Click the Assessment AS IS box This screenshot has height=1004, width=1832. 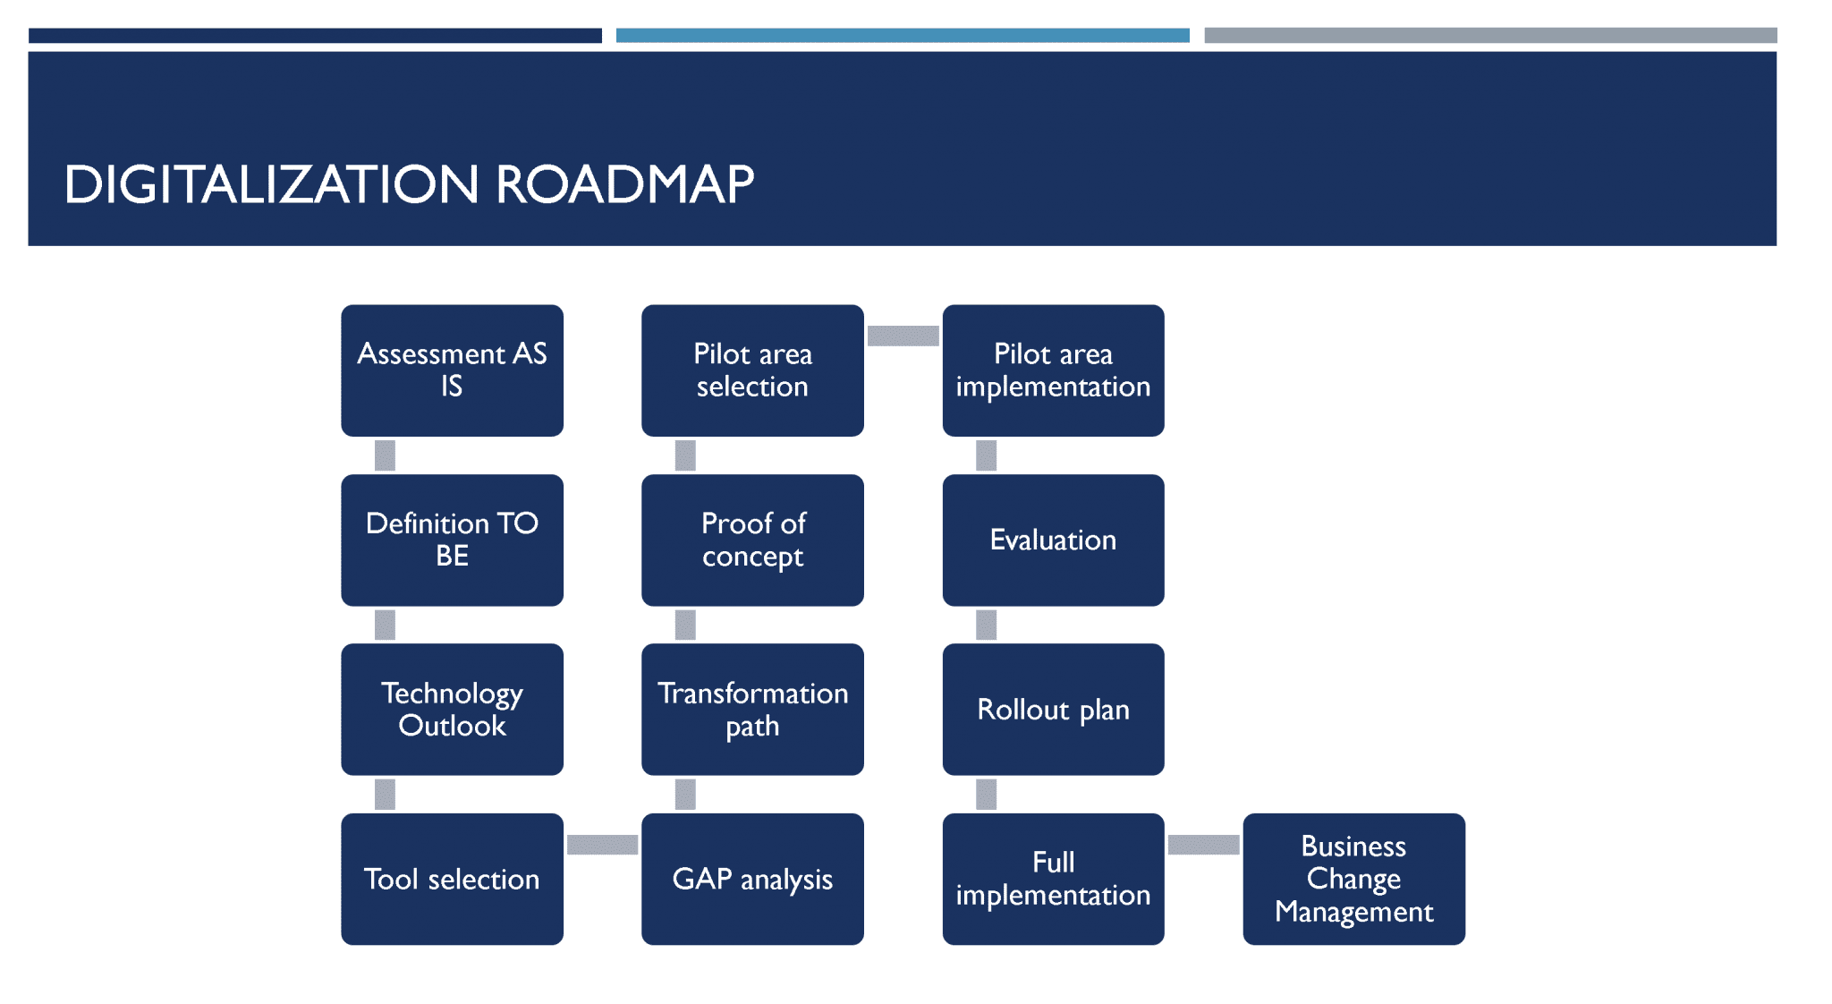[x=452, y=370]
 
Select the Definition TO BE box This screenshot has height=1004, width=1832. [x=452, y=540]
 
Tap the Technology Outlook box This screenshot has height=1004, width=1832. [x=452, y=709]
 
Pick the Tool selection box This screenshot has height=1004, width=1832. [x=452, y=879]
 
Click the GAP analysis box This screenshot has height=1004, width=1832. [x=752, y=879]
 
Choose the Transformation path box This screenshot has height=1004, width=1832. [x=752, y=709]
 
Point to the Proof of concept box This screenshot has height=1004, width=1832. [x=752, y=540]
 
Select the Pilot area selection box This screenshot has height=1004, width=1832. [x=752, y=370]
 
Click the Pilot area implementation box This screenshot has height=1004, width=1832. [x=1053, y=370]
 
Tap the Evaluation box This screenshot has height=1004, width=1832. [x=1053, y=540]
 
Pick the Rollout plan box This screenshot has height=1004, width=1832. [x=1053, y=709]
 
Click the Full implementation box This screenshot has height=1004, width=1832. [x=1053, y=879]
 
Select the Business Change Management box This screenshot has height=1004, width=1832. [x=1353, y=879]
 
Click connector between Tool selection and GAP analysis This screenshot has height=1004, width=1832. [x=602, y=845]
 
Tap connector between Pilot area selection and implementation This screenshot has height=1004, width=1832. [x=903, y=336]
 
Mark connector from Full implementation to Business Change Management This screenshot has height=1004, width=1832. [x=1203, y=845]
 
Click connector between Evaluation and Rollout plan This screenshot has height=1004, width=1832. [x=986, y=625]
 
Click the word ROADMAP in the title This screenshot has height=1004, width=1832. [x=624, y=184]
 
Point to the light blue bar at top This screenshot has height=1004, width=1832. [x=903, y=36]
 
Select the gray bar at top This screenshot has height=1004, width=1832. [x=1490, y=36]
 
